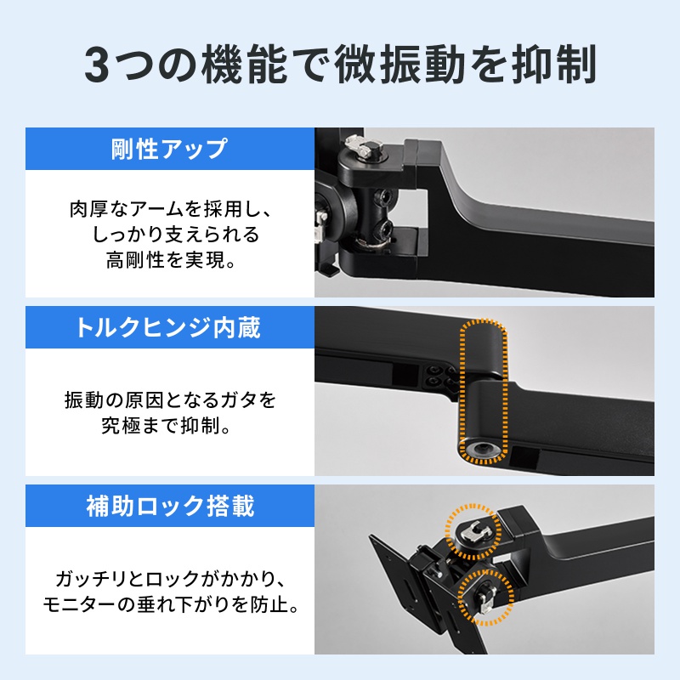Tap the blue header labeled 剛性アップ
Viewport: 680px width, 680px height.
(x=170, y=149)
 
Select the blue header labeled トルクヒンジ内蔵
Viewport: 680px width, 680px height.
(x=170, y=327)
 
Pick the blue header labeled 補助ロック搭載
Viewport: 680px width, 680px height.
(x=170, y=507)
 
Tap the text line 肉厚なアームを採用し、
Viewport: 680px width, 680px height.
(x=170, y=208)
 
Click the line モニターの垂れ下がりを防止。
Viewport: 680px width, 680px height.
(x=170, y=607)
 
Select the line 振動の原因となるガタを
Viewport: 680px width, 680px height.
(x=170, y=398)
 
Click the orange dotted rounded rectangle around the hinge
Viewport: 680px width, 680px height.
(x=482, y=392)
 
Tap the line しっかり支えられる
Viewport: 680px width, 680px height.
(x=170, y=235)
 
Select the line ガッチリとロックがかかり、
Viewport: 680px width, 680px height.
(x=170, y=581)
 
